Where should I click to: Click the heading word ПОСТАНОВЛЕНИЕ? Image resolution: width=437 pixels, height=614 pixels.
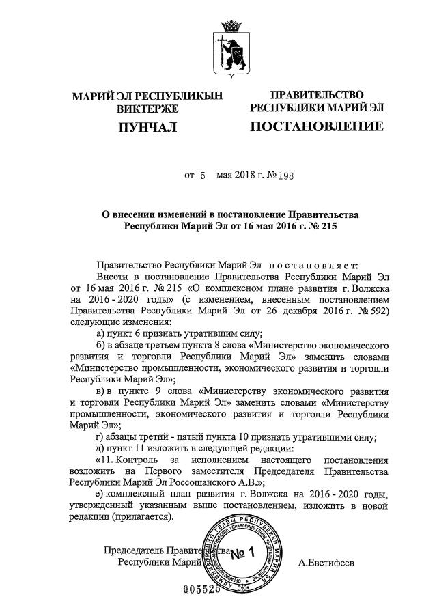(317, 126)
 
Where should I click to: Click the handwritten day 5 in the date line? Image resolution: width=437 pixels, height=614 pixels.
(202, 176)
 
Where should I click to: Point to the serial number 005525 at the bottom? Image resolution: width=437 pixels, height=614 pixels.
(203, 589)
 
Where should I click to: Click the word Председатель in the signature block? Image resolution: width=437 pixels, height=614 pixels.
(132, 550)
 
